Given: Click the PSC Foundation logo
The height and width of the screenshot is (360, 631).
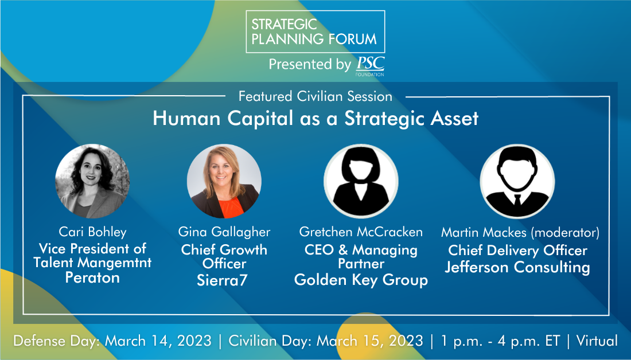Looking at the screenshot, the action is (x=370, y=66).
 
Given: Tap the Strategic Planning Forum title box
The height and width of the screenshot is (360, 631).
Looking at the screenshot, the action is (x=315, y=32).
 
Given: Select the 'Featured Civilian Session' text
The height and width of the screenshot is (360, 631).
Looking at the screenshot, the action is (x=315, y=96).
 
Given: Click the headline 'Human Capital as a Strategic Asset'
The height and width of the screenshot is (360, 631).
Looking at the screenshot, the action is (x=315, y=118).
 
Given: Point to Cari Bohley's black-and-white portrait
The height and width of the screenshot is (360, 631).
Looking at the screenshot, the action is (x=92, y=181).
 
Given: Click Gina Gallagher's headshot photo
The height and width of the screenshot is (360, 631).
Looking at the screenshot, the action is (x=224, y=181).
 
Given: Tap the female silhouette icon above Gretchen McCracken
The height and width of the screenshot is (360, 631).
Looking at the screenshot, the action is (x=361, y=181).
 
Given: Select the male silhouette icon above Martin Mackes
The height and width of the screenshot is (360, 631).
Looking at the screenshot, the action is (x=517, y=181).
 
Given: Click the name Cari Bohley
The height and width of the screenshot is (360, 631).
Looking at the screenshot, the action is (x=92, y=232).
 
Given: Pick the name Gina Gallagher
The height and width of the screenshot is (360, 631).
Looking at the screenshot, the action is (x=224, y=232).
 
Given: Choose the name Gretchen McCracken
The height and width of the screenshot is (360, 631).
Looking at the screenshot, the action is (x=361, y=232).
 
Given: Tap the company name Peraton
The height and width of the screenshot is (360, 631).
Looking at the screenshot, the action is (x=92, y=277).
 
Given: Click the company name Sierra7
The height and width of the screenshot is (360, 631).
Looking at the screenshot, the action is (x=222, y=280).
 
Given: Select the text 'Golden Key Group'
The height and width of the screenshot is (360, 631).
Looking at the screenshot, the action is (x=361, y=280).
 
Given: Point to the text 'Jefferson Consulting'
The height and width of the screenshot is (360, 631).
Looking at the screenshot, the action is (x=517, y=268).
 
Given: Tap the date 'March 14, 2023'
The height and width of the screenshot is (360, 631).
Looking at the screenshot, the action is (x=158, y=341).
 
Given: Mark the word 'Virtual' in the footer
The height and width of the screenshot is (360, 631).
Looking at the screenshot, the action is (x=597, y=341).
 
